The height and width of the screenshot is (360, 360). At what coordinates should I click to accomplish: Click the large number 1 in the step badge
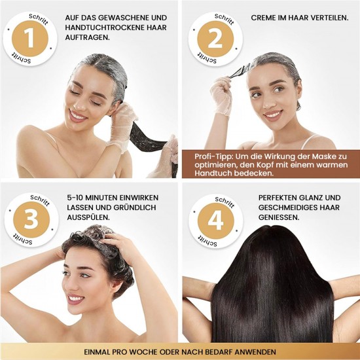click(x=29, y=38)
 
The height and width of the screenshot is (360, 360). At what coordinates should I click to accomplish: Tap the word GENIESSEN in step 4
click(x=271, y=218)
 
